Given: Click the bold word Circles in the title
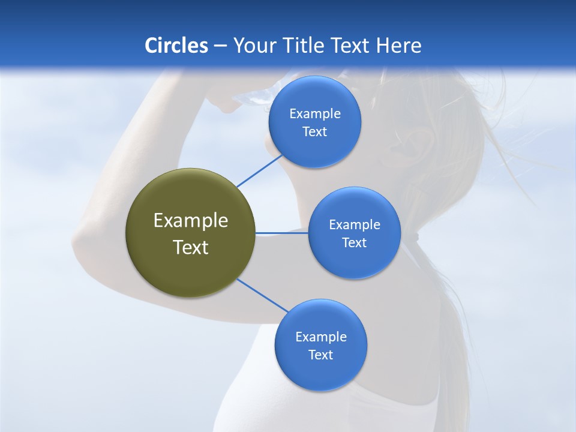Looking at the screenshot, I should [176, 46].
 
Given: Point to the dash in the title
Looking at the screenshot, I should [220, 46].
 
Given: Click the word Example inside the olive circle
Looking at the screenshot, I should [190, 220].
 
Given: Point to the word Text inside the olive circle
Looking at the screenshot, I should [190, 247].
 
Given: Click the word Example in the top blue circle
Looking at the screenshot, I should [314, 113].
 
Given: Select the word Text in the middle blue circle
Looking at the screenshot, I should [354, 243].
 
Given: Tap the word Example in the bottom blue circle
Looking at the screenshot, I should [320, 337].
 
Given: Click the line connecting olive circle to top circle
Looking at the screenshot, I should [259, 171].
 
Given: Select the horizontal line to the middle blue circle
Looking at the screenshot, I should [282, 233].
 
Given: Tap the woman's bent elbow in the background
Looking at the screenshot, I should [84, 243].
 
